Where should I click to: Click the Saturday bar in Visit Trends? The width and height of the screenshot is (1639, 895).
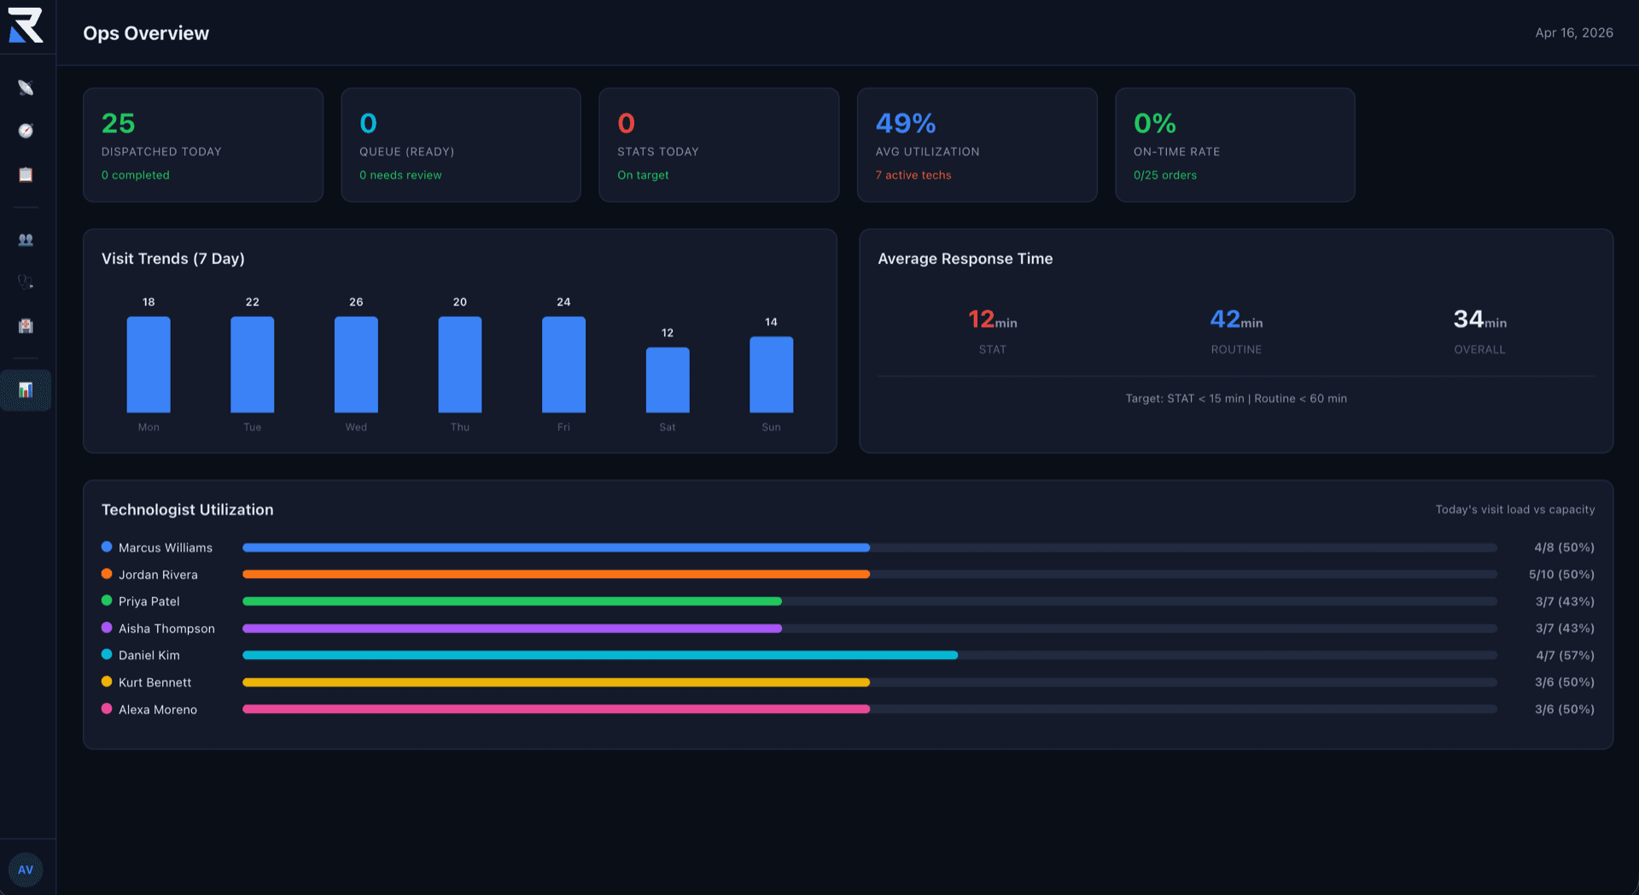click(667, 380)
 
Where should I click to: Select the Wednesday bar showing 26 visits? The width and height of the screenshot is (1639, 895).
click(356, 365)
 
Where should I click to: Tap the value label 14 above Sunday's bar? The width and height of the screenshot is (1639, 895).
click(771, 322)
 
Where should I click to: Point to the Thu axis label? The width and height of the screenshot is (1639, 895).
click(459, 427)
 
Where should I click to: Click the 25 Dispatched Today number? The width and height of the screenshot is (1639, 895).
click(119, 124)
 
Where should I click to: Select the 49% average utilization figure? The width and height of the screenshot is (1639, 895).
click(906, 124)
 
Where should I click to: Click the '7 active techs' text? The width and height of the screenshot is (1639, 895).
click(913, 175)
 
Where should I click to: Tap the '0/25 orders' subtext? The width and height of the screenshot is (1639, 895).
click(1164, 175)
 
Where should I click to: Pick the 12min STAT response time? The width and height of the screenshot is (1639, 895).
click(992, 320)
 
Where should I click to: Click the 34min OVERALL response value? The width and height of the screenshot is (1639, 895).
click(1479, 320)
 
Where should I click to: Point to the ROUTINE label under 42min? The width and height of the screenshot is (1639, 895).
click(1235, 349)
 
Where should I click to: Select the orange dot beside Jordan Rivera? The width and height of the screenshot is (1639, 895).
click(107, 574)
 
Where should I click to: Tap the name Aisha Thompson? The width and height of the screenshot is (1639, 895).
click(166, 629)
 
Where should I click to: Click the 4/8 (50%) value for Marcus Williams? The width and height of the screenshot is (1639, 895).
click(1563, 547)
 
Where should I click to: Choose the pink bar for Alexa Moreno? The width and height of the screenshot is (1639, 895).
click(556, 709)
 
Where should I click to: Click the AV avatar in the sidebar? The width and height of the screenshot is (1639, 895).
click(26, 869)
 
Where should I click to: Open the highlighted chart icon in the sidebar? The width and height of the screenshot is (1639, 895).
click(26, 390)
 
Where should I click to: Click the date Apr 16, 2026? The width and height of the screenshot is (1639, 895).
click(1573, 32)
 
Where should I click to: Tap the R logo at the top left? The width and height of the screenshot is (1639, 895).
click(26, 26)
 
